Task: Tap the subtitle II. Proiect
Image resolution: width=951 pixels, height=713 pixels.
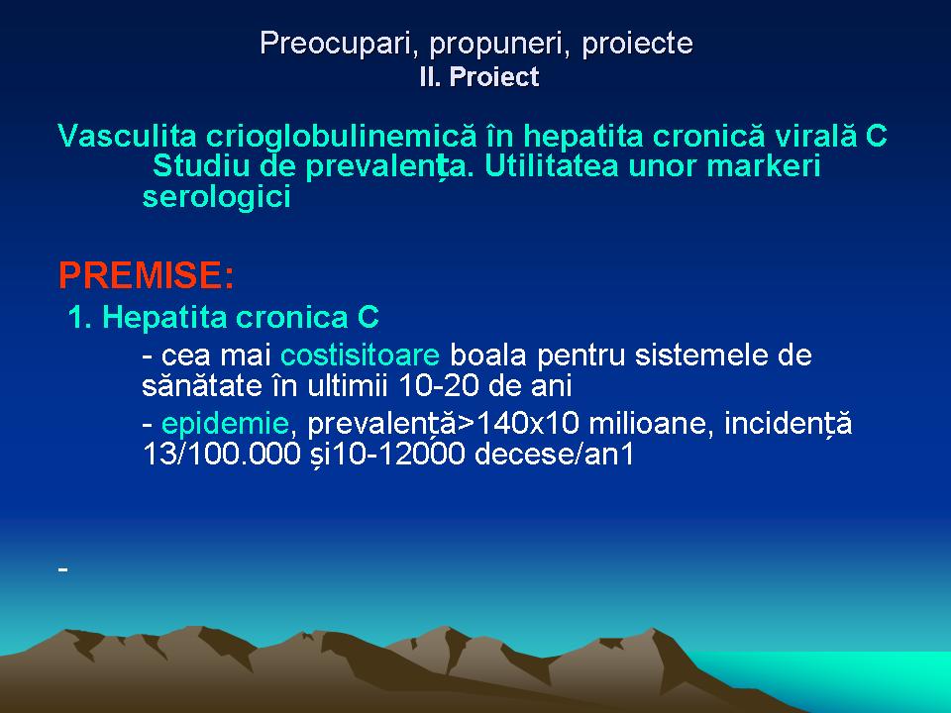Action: pos(479,77)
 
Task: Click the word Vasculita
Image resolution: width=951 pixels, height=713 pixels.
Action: pos(128,136)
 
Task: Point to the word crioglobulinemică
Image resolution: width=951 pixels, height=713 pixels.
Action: pos(342,136)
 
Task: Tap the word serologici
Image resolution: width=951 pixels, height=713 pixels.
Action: pos(217,197)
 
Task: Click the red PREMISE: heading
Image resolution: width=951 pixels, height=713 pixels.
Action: pos(147,275)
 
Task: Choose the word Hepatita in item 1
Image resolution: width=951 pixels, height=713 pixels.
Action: pos(163,317)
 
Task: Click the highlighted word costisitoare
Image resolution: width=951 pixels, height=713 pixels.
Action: pos(360,356)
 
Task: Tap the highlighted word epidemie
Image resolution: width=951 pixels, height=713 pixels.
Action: pos(225,423)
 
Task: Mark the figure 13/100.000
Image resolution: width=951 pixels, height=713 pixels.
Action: pos(221,455)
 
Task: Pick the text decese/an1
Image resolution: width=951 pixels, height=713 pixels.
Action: pos(554,455)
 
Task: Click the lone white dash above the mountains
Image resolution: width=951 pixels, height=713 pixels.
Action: pos(63,569)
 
